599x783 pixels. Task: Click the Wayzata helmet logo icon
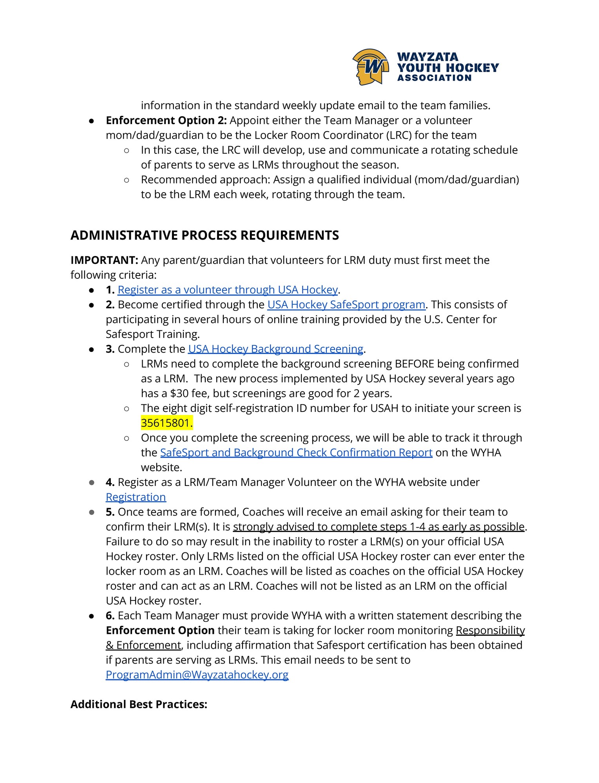pos(370,67)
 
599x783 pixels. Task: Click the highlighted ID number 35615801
pos(166,423)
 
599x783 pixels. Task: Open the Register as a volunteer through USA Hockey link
pos(228,290)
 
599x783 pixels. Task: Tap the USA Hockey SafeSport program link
pos(346,305)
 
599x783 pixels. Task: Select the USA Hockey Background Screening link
pos(276,349)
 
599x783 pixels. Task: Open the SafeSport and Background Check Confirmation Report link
pos(296,453)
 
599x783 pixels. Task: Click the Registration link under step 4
pos(136,497)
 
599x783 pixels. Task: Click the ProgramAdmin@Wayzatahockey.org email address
pos(197,675)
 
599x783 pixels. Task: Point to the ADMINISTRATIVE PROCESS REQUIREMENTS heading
pos(204,235)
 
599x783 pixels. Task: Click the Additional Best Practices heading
pos(139,704)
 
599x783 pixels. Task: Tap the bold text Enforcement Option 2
pos(166,120)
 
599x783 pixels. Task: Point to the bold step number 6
pos(110,616)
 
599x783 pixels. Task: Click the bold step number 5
pos(110,512)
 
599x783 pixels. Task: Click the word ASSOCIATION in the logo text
pos(434,78)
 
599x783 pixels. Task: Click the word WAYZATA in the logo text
pos(427,57)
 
